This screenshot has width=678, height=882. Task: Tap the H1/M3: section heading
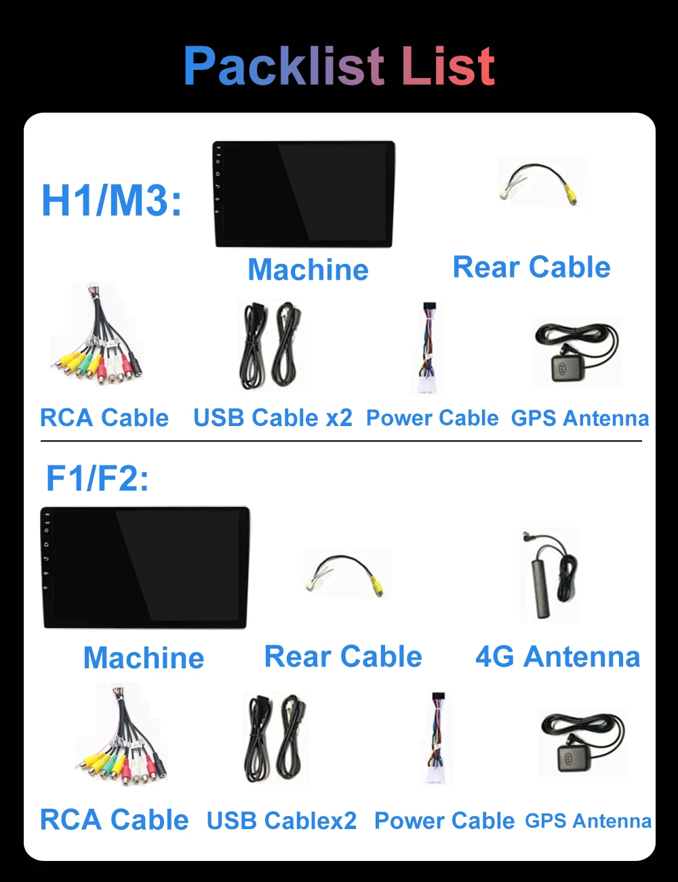point(112,200)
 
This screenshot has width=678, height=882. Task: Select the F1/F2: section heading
point(97,478)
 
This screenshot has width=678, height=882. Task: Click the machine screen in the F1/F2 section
point(145,567)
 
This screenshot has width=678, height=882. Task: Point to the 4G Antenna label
point(557,657)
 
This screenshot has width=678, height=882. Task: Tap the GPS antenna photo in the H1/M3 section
point(576,353)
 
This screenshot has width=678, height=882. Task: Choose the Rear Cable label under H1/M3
point(532,267)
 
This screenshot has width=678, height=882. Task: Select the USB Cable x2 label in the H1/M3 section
point(273,418)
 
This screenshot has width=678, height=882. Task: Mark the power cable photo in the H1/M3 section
point(428,347)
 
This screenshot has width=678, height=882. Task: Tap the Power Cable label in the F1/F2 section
point(444,821)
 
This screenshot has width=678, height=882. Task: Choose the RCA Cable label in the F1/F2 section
point(114,820)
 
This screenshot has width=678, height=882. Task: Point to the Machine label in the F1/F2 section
point(144,658)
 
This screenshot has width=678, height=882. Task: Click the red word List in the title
point(448,66)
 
